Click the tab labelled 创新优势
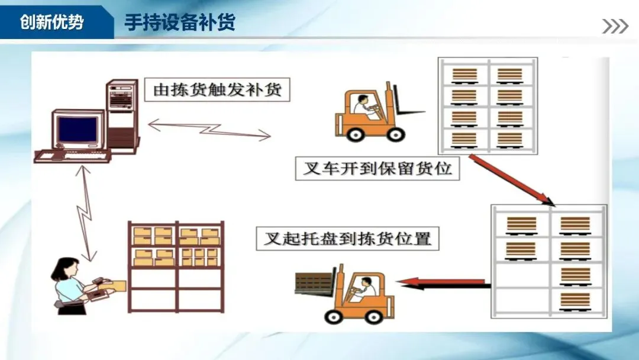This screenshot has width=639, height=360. pyautogui.click(x=52, y=22)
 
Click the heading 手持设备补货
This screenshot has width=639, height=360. pyautogui.click(x=179, y=22)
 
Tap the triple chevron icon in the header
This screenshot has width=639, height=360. pyautogui.click(x=615, y=26)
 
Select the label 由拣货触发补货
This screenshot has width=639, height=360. pyautogui.click(x=218, y=90)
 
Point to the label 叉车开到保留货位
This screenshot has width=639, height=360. pyautogui.click(x=377, y=168)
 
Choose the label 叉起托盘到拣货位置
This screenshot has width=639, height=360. pyautogui.click(x=347, y=239)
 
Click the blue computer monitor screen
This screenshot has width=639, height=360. pyautogui.click(x=77, y=130)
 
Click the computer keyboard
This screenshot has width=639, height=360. pyautogui.click(x=72, y=156)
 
